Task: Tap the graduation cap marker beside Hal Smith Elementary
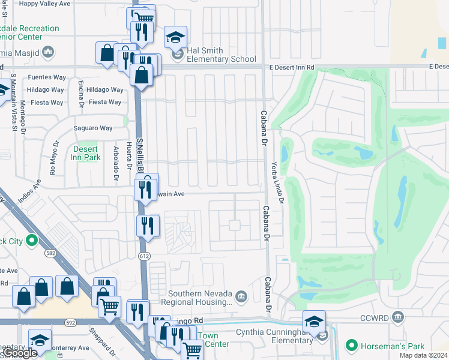176,38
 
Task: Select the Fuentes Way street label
46,77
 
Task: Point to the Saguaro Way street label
93,128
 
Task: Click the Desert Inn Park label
86,153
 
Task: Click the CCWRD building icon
397,317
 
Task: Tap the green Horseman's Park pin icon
351,346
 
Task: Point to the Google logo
19,353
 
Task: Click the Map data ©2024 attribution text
423,355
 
